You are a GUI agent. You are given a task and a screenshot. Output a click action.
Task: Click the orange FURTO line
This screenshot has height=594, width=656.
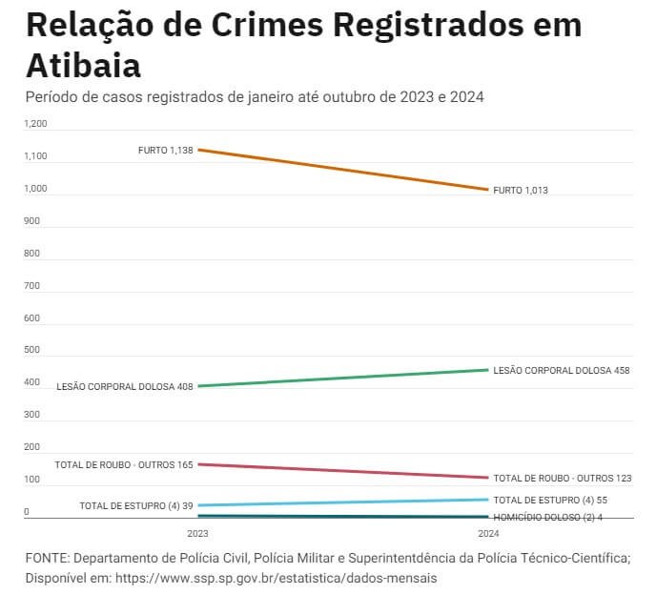pos(343,170)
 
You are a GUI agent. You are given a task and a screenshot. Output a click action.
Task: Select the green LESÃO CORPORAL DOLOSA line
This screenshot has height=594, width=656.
pos(343,378)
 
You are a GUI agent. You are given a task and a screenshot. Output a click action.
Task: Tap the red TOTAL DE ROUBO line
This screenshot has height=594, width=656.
pos(343,471)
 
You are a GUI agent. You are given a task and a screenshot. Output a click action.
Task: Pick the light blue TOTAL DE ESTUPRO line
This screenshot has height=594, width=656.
pos(343,502)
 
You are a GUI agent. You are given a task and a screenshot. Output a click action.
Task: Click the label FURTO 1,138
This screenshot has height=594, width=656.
pos(165,150)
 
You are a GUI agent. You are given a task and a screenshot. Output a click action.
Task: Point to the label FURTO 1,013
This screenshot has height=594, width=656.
pos(521,191)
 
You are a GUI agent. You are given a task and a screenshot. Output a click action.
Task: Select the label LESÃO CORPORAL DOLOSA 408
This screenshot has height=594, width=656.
pos(125,387)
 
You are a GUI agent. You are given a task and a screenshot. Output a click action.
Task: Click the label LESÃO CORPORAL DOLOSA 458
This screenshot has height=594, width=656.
pos(562,370)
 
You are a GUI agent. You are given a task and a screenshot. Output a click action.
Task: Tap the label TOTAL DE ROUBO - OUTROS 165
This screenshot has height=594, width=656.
pos(124,465)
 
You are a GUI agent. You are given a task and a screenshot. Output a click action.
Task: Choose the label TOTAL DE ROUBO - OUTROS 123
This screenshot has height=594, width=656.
pos(562,478)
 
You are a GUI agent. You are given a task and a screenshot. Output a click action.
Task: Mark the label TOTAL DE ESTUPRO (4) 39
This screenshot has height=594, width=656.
pos(136,505)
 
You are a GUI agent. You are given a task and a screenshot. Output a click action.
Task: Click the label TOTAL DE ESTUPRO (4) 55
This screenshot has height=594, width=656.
pos(550,500)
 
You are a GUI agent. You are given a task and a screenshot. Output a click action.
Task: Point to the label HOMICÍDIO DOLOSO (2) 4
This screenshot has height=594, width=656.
pos(548,517)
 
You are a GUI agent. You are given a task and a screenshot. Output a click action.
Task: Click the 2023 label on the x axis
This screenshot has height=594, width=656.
pos(197,533)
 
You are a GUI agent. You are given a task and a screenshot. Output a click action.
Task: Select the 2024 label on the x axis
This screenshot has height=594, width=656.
pos(488,533)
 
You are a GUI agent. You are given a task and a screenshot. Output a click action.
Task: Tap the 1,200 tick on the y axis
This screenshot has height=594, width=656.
pos(35,124)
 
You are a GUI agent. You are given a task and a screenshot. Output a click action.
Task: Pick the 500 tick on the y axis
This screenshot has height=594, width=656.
pos(32,350)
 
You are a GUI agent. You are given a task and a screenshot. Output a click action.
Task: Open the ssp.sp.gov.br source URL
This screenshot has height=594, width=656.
pos(277,578)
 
